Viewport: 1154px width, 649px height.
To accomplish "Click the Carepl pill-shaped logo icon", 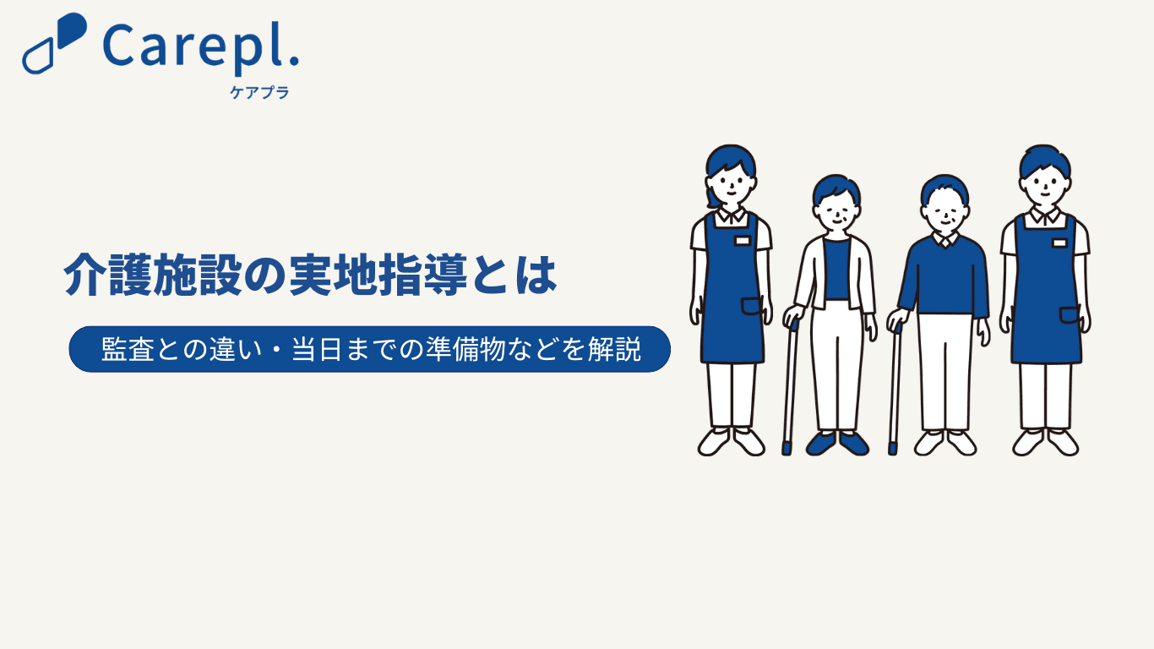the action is click(54, 43).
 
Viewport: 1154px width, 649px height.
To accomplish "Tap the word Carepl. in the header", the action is click(201, 48).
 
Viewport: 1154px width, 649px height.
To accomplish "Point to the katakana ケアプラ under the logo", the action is click(259, 92).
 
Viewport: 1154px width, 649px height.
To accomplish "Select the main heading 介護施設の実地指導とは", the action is click(310, 275).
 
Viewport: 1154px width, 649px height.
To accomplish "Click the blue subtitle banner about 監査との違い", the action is click(370, 349).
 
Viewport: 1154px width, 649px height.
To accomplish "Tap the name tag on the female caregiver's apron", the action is click(742, 241).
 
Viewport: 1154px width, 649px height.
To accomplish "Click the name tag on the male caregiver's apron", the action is click(1059, 243).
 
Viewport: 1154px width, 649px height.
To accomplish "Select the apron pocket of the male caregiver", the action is click(1069, 315).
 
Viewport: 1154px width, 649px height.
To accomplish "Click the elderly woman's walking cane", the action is click(790, 387).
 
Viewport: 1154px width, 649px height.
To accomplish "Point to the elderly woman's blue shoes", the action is click(837, 444).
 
